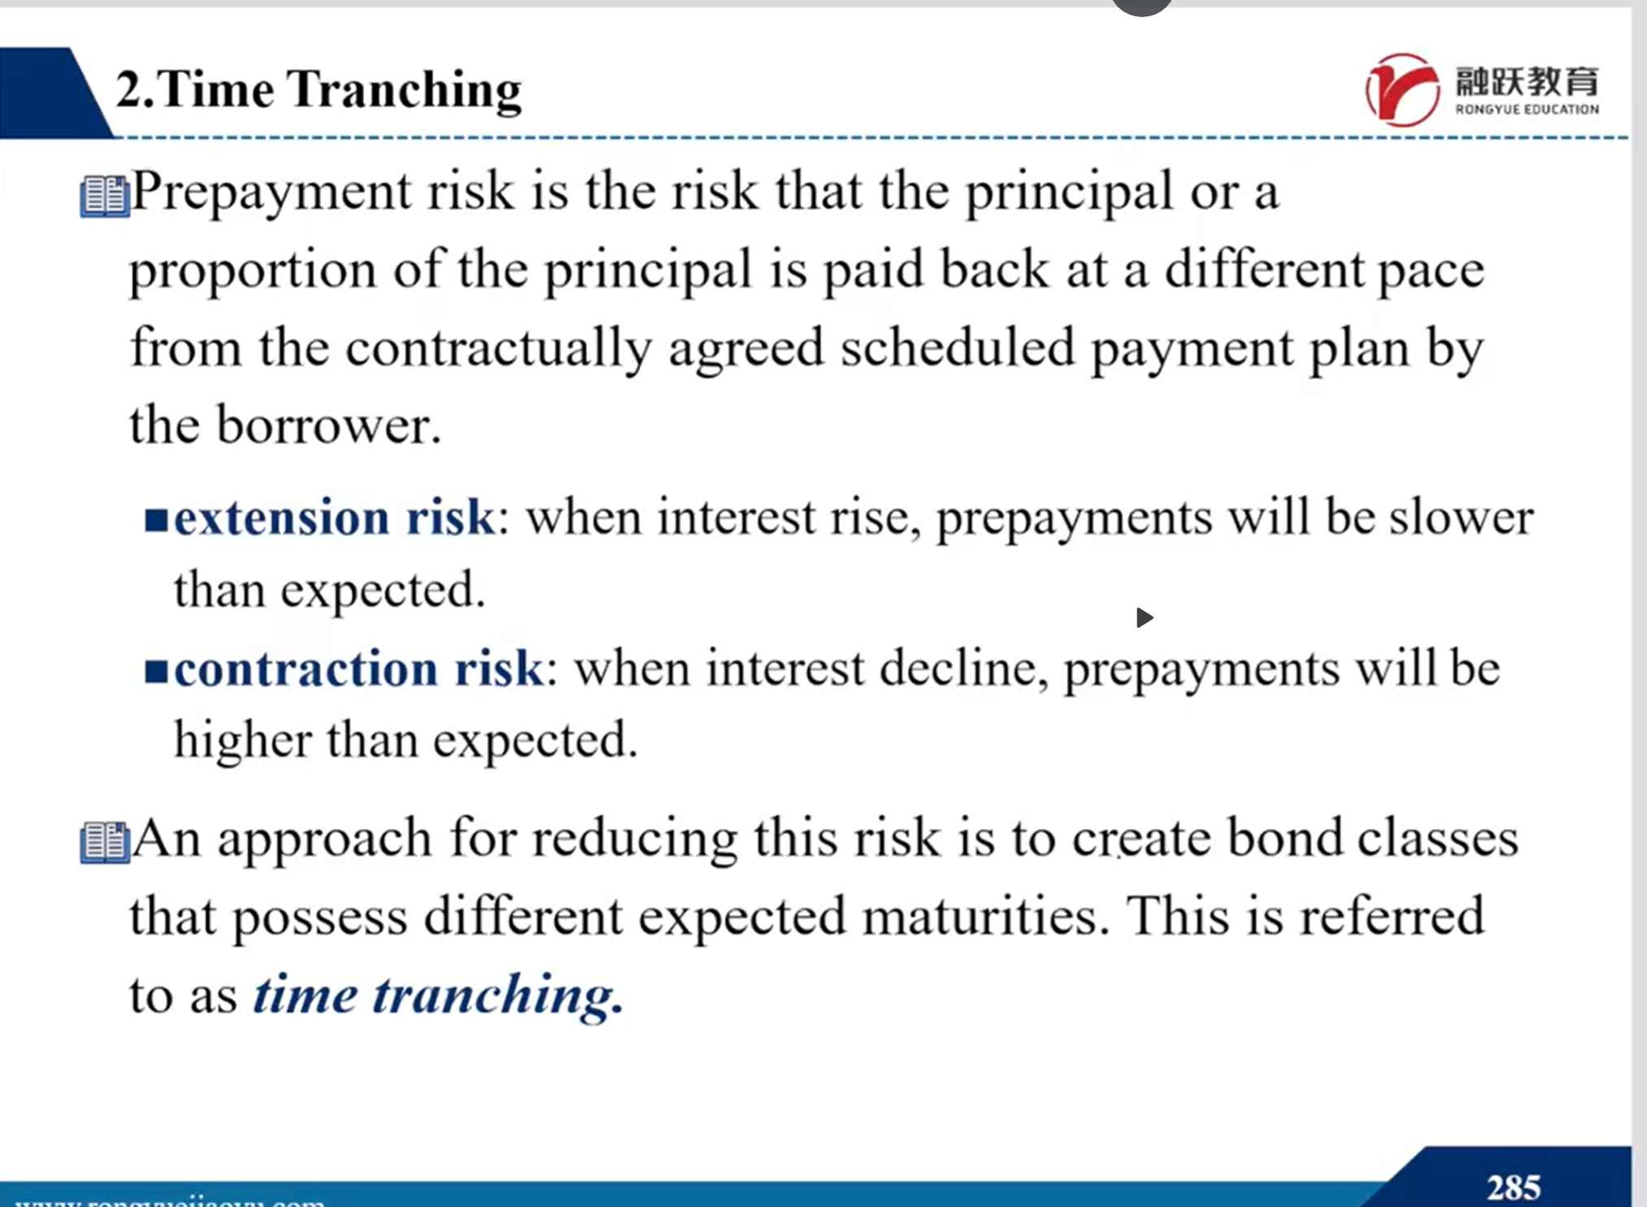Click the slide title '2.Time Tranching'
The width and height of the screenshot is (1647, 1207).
click(x=319, y=89)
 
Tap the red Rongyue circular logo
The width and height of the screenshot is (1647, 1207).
click(x=1402, y=89)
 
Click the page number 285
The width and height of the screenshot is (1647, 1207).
click(x=1514, y=1187)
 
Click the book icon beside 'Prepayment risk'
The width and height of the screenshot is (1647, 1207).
click(x=105, y=197)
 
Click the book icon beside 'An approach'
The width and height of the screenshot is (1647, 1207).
click(x=105, y=842)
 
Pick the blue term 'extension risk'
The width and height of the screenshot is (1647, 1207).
click(x=334, y=517)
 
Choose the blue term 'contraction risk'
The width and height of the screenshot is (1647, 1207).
click(x=359, y=669)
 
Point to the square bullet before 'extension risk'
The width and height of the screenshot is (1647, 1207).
click(x=156, y=519)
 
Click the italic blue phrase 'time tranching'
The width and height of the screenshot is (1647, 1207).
click(x=437, y=995)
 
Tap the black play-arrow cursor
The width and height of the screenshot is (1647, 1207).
click(x=1145, y=618)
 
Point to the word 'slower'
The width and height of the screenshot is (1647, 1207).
click(x=1462, y=517)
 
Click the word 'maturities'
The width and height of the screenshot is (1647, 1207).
click(x=986, y=917)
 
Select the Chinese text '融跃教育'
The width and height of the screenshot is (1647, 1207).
click(x=1527, y=81)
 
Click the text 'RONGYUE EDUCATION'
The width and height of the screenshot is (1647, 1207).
click(x=1527, y=110)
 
